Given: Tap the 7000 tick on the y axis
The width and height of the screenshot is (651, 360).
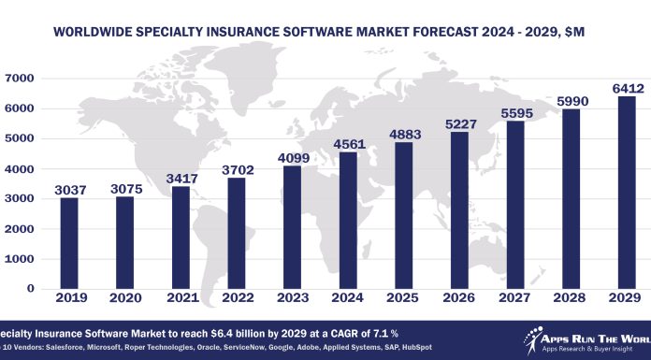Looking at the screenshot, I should (19, 79).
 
